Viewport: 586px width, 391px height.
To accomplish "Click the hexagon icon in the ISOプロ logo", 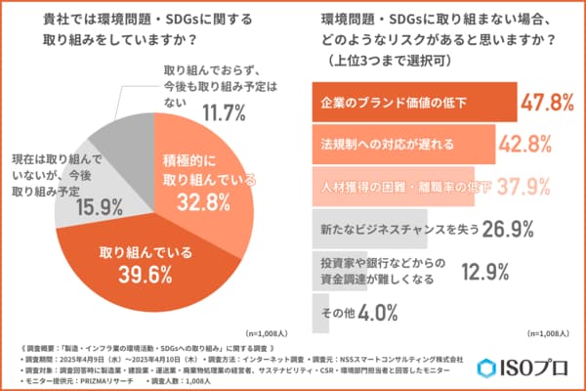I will [488, 369].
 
